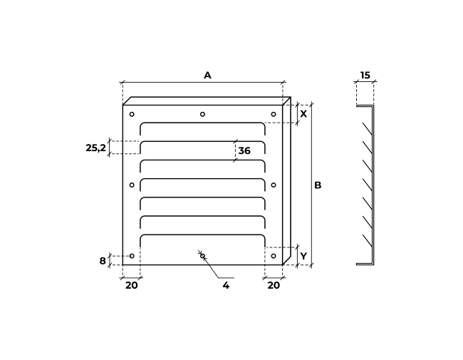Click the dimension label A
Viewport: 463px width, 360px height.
(x=207, y=76)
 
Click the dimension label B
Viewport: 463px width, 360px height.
(x=318, y=185)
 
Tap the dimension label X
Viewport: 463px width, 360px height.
(x=303, y=114)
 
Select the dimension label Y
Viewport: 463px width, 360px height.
(x=303, y=256)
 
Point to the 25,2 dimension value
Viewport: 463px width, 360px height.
(x=95, y=148)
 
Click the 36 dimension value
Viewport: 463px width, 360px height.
(x=244, y=150)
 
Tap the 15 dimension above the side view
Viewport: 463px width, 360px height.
(x=365, y=76)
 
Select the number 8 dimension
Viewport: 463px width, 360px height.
(x=103, y=261)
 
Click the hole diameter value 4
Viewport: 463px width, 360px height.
(x=226, y=286)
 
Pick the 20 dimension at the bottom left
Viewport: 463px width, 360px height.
(x=131, y=286)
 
